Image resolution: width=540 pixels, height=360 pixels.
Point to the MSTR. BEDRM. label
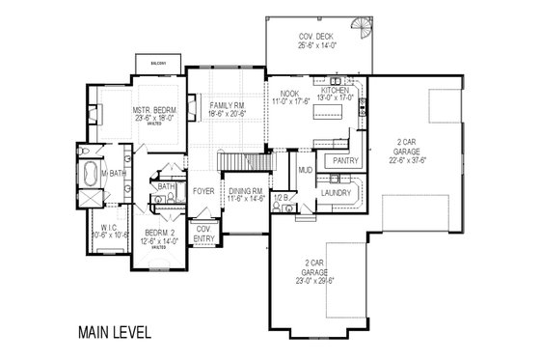tap(153, 111)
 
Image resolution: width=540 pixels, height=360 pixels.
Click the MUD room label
tap(306, 170)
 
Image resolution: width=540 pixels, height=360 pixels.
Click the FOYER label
tap(202, 190)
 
